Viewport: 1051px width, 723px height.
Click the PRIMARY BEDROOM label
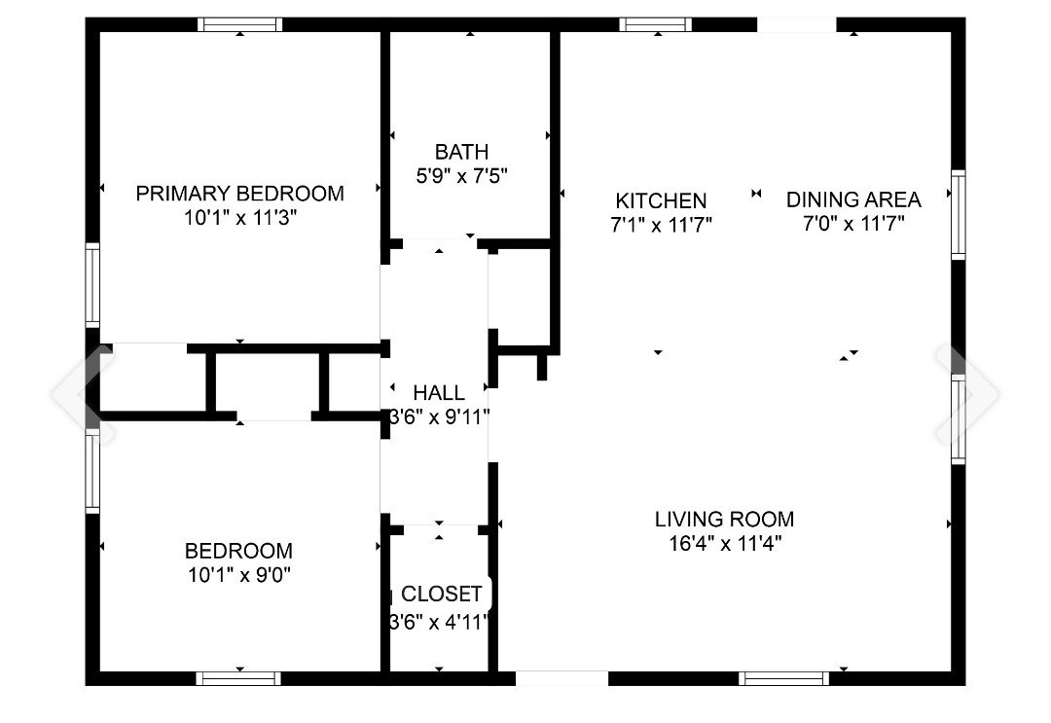coord(239,193)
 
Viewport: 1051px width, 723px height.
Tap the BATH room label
coord(461,152)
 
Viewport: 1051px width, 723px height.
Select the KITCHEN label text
coord(661,200)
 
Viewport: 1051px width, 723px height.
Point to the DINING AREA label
coord(853,199)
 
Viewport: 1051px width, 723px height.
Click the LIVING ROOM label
coord(724,519)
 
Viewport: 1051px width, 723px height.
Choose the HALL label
coord(439,393)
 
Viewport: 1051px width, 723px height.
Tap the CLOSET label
coord(442,594)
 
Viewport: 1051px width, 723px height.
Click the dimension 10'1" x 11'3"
coord(239,218)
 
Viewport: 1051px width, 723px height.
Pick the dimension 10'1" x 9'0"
coord(239,575)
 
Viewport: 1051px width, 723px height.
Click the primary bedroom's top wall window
coord(240,24)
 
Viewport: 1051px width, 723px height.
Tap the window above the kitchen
coord(656,24)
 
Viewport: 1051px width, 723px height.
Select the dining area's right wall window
coord(959,214)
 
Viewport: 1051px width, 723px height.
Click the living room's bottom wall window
coord(783,678)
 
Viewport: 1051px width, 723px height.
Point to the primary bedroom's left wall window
coord(92,283)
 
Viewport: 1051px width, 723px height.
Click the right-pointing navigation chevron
coord(969,393)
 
